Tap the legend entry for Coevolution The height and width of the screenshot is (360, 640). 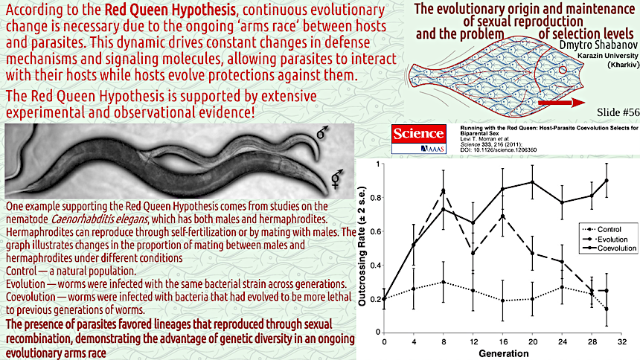click(609, 248)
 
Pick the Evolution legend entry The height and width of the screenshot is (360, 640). click(605, 240)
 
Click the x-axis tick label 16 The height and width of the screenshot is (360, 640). click(503, 341)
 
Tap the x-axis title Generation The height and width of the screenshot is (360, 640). click(504, 353)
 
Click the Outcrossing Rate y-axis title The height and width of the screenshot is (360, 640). click(362, 246)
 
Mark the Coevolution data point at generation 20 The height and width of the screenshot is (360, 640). click(532, 182)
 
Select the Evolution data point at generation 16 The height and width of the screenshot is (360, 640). click(502, 216)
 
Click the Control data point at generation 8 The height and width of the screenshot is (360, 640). click(444, 282)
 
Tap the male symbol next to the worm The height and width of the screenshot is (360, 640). click(322, 132)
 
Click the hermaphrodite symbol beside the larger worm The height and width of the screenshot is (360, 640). click(336, 179)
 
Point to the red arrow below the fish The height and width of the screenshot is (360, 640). click(562, 103)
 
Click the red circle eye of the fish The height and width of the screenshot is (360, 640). click(563, 70)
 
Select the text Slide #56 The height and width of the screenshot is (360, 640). click(618, 112)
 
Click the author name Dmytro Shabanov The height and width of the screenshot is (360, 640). click(598, 45)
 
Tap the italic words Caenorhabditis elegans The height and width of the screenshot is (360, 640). click(99, 219)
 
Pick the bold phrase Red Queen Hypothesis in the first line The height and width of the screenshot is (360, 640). click(170, 10)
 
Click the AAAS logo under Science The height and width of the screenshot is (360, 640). click(432, 149)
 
